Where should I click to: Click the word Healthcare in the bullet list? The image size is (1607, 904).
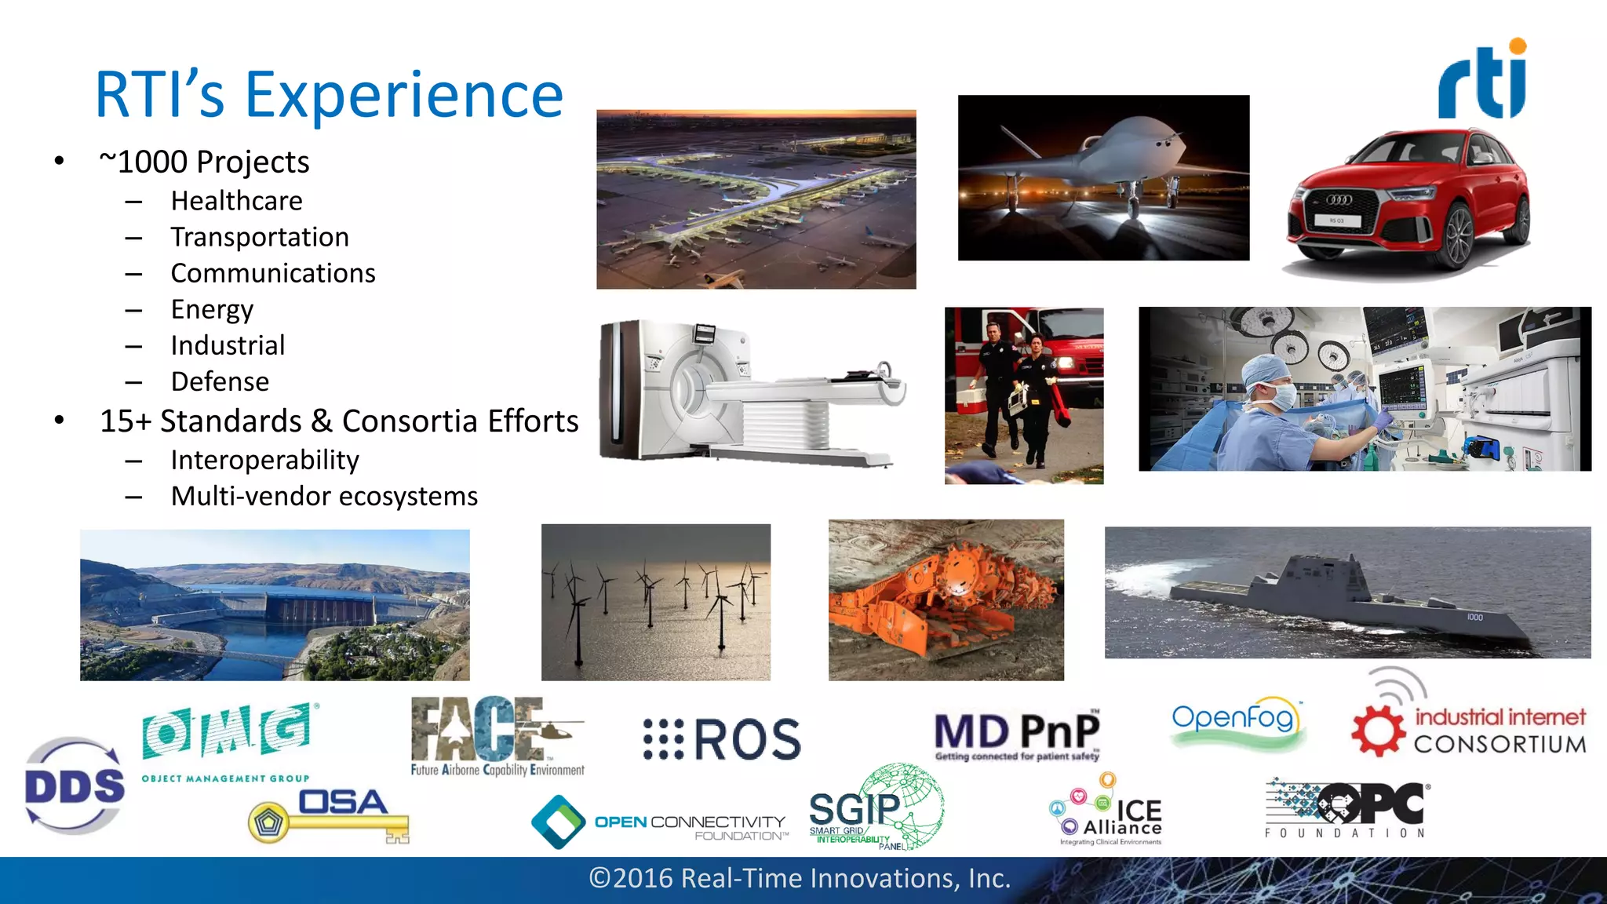[x=236, y=201]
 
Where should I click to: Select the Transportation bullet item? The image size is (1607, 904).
[x=260, y=237]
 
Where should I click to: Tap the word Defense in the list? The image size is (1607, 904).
[x=220, y=381]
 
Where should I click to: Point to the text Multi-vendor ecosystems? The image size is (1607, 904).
[x=324, y=496]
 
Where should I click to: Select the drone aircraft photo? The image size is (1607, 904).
[x=1103, y=178]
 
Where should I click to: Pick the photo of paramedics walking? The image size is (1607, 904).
[x=1023, y=395]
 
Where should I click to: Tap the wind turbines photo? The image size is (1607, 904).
[x=656, y=602]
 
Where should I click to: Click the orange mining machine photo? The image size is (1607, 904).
[x=946, y=600]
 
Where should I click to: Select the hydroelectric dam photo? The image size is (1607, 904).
[x=275, y=605]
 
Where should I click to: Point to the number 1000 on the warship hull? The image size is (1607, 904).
[x=1474, y=618]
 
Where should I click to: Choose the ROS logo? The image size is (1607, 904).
[x=722, y=739]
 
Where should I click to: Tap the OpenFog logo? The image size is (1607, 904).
[x=1234, y=720]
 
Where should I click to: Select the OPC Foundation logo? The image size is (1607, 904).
[x=1346, y=809]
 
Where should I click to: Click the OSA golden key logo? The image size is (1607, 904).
[x=330, y=816]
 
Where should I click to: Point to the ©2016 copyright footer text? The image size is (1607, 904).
[x=800, y=878]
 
